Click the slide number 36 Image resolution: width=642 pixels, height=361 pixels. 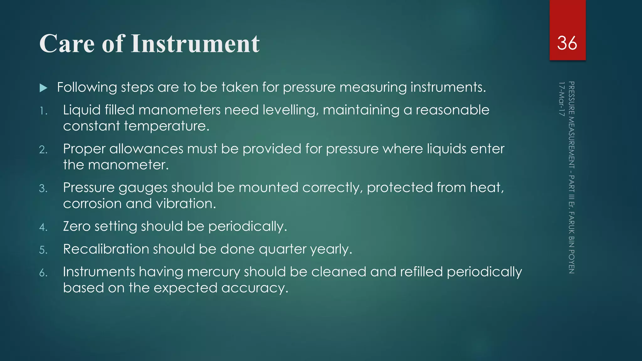click(567, 43)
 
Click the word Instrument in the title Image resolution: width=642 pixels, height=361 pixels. click(195, 44)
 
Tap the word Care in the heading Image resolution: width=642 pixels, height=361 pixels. click(67, 44)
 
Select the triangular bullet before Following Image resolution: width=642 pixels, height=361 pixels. click(44, 88)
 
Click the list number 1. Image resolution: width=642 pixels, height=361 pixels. click(43, 111)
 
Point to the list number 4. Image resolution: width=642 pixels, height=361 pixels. click(43, 227)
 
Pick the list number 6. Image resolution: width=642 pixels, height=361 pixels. click(43, 273)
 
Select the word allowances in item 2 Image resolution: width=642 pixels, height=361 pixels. click(146, 149)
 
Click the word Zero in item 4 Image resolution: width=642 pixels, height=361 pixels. click(77, 226)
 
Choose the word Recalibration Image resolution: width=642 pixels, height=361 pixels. click(106, 249)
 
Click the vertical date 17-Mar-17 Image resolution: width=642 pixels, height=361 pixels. click(561, 99)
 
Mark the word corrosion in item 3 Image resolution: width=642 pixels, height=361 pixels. click(92, 204)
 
